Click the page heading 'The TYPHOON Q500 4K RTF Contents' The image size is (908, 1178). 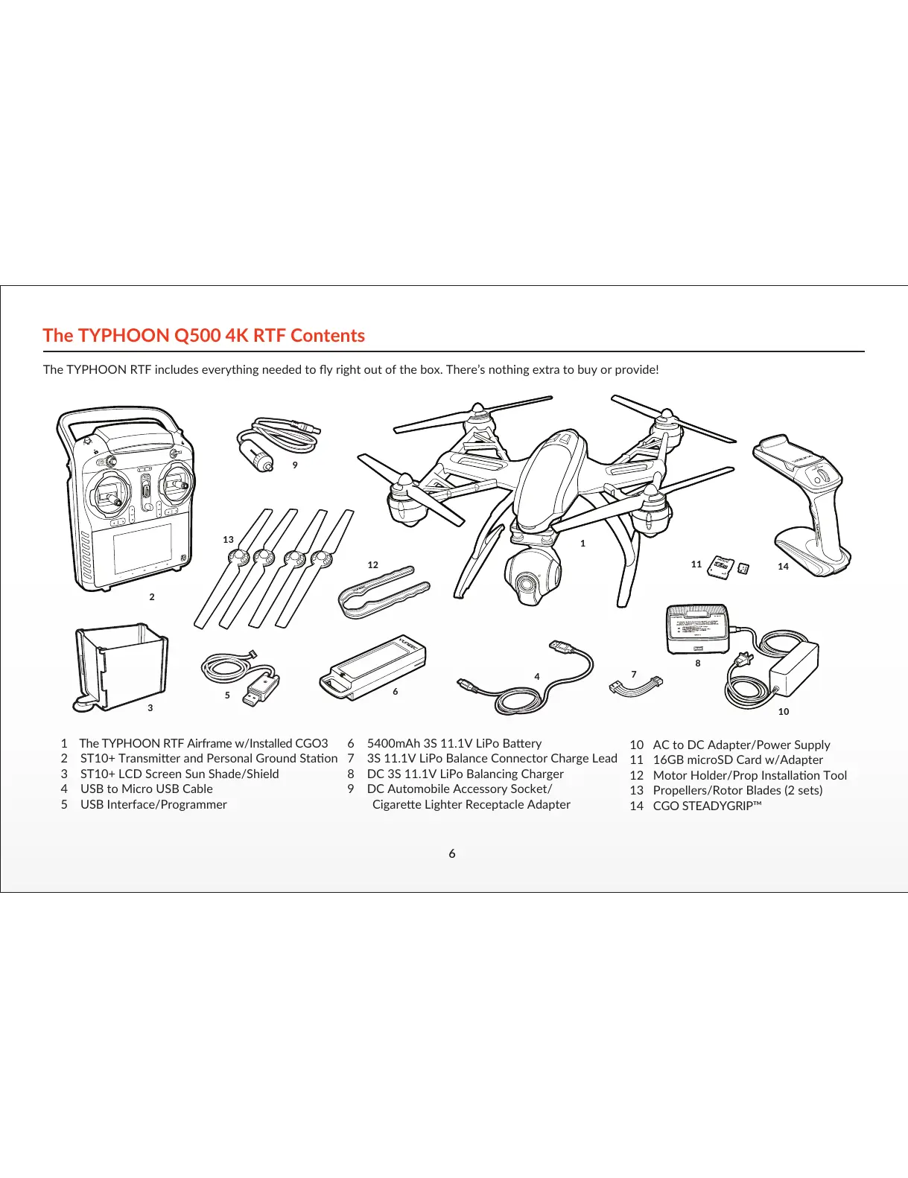[203, 336]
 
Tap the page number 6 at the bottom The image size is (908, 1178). [452, 854]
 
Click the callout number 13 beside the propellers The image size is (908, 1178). [228, 539]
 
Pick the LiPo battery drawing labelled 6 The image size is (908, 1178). [372, 667]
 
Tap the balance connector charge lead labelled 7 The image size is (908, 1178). [635, 685]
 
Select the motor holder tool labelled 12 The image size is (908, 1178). [382, 592]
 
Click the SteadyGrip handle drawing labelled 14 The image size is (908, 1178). [808, 506]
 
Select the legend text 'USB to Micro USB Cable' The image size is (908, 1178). [146, 789]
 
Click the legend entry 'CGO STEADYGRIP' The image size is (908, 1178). [706, 806]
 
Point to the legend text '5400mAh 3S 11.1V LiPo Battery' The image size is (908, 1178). [454, 743]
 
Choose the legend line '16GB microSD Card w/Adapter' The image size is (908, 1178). [737, 760]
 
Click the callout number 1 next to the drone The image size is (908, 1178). [582, 544]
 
